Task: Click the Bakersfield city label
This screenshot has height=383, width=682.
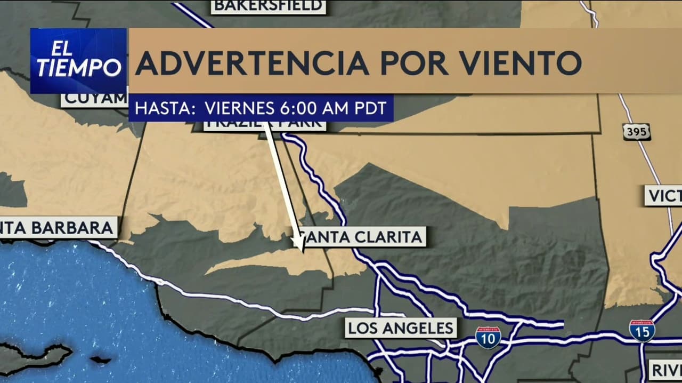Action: pyautogui.click(x=268, y=6)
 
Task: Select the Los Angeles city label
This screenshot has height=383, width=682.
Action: pyautogui.click(x=401, y=328)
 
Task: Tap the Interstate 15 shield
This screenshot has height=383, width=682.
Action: pyautogui.click(x=642, y=331)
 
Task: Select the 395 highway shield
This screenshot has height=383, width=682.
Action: pyautogui.click(x=636, y=132)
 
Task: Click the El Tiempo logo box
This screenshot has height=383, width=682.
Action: pyautogui.click(x=78, y=61)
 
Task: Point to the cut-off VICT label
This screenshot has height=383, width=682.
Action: pyautogui.click(x=663, y=196)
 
